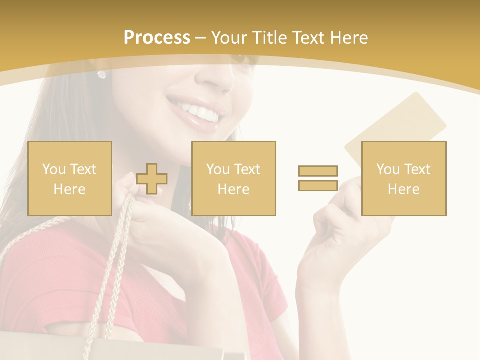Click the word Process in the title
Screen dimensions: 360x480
coord(157,38)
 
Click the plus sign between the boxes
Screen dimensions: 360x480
coord(152,179)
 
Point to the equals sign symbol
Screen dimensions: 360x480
coord(318,178)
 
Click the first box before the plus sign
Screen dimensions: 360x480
coord(70,178)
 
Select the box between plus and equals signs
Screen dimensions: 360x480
coord(233,178)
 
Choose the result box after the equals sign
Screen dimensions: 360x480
coord(403,178)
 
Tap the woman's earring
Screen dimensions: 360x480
coord(102,74)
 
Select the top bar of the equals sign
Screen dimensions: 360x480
coord(318,171)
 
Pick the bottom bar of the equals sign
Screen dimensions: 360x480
coord(318,185)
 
